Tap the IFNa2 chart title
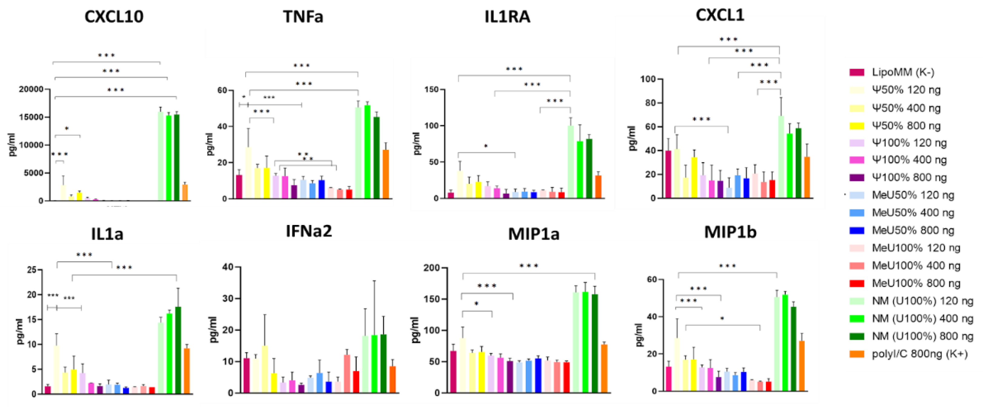click(x=309, y=231)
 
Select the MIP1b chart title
click(x=730, y=232)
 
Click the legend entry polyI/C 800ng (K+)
click(x=919, y=354)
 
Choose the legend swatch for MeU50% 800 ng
click(x=857, y=230)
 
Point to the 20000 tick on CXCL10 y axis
click(x=31, y=89)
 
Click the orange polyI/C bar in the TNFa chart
click(x=386, y=174)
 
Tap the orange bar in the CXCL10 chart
click(x=185, y=193)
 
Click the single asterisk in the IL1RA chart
click(x=486, y=146)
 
